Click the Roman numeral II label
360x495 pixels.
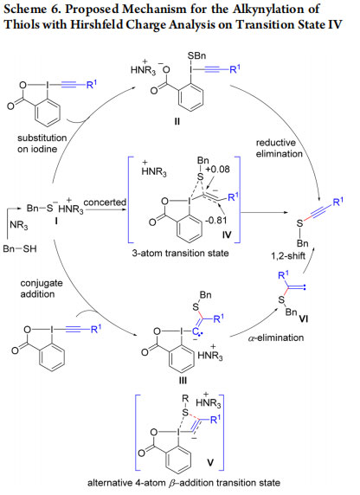(x=177, y=121)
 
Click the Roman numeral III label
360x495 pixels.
(x=183, y=381)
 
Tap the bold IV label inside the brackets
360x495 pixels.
(x=227, y=235)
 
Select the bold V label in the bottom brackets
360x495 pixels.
(x=209, y=463)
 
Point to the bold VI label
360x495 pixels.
(x=303, y=319)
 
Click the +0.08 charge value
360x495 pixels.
(x=217, y=170)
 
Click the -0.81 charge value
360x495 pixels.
(x=215, y=220)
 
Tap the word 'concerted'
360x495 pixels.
(x=105, y=202)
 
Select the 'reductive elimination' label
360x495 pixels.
(x=280, y=148)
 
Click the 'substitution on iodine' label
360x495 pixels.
(x=42, y=144)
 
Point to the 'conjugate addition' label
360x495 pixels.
(x=42, y=288)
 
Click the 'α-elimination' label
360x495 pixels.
(x=276, y=337)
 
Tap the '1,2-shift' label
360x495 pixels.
(x=288, y=255)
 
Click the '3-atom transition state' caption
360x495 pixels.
(x=180, y=253)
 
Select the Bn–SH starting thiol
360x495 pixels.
(x=20, y=248)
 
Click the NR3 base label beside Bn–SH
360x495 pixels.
(x=19, y=225)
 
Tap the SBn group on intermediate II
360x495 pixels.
(x=196, y=56)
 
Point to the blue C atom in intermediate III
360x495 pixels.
(x=196, y=331)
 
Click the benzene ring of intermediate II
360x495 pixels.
(x=190, y=100)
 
